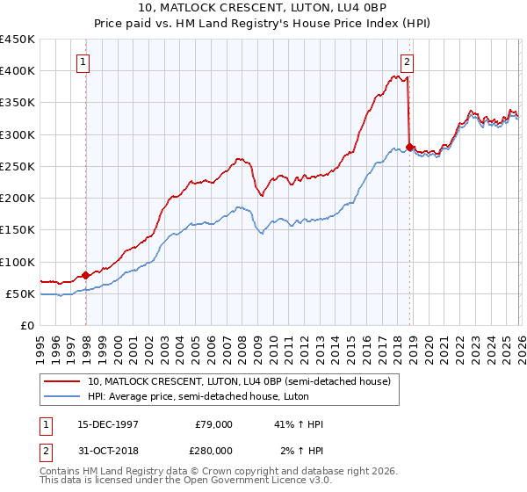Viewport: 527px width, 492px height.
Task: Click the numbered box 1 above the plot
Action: pos(83,61)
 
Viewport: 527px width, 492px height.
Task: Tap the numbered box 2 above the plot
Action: pos(408,61)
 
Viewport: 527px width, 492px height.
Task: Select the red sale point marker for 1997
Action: pos(86,275)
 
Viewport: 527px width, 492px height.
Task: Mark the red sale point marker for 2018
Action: pos(410,147)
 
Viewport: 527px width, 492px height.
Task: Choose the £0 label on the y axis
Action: pos(26,325)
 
